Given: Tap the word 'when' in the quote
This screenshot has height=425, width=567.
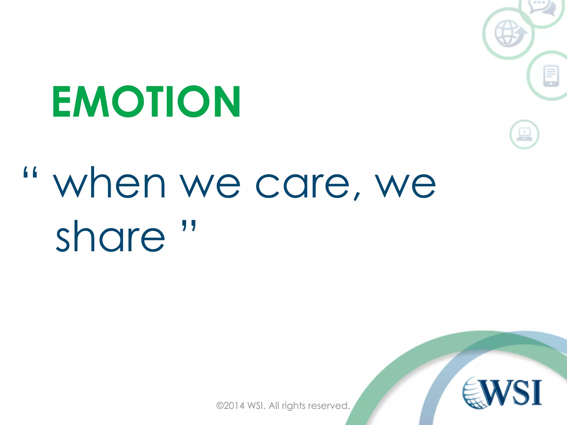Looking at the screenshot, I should [110, 184].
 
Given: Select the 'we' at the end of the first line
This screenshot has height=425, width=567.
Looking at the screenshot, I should [406, 185].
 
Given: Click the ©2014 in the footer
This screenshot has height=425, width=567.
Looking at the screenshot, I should [230, 406].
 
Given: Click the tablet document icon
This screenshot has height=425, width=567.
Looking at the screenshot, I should [551, 76].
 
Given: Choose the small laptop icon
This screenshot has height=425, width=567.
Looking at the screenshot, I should [524, 134].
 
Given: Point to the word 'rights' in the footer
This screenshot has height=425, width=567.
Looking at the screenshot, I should [294, 406].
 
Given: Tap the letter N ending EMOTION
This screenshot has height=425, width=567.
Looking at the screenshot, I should [226, 102].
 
